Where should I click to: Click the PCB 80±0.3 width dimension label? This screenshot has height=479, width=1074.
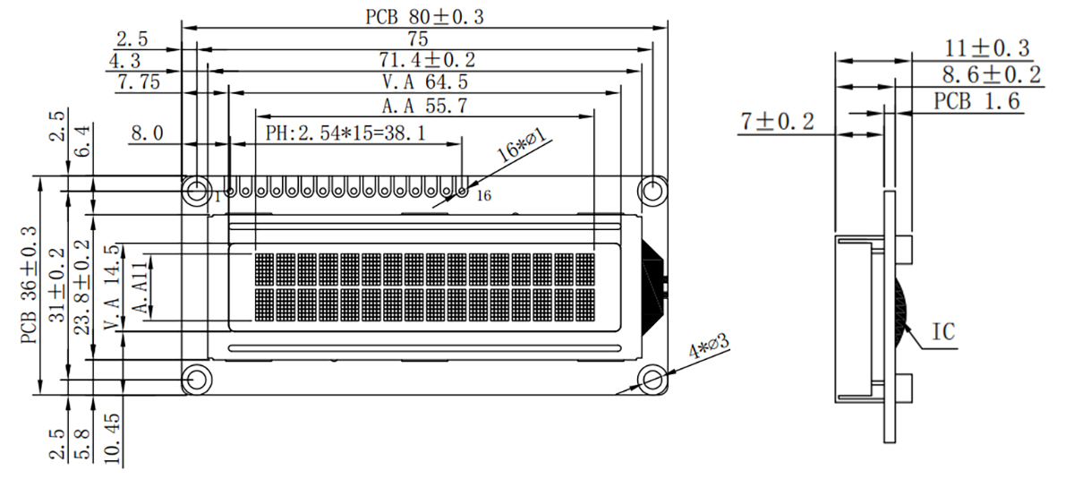tap(424, 16)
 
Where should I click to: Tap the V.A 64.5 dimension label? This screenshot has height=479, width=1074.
tap(425, 82)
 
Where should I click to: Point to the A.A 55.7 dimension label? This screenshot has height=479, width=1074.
tap(425, 106)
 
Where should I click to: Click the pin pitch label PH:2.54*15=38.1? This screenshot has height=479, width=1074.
tap(345, 133)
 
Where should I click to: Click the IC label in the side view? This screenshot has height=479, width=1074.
tap(943, 332)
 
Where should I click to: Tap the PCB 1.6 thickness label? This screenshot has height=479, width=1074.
tap(977, 101)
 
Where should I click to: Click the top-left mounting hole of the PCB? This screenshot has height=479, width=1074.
tap(195, 190)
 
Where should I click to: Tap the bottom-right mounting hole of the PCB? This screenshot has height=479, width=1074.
tap(653, 380)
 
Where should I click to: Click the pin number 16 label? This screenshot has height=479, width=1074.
tap(483, 196)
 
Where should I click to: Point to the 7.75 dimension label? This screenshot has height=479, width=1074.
tap(138, 82)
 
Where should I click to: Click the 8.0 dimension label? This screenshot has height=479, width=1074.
tap(147, 133)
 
